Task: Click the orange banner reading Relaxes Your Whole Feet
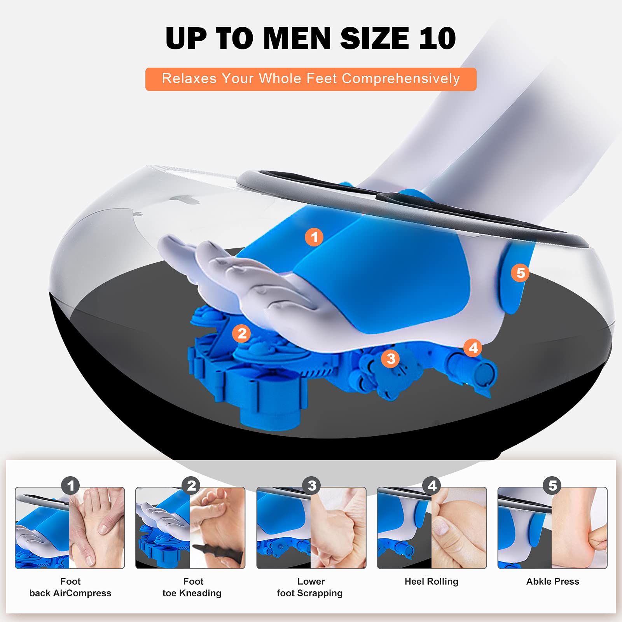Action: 311,79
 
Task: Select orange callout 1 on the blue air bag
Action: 314,237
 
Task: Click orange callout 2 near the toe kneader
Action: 242,333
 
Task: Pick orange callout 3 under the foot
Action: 391,358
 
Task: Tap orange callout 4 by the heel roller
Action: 473,348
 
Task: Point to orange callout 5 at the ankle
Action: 521,273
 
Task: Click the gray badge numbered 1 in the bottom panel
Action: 70,486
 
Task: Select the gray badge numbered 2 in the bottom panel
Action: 191,486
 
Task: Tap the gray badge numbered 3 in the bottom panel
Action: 312,486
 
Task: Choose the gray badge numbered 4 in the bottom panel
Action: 432,486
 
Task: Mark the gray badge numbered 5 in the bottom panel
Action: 552,486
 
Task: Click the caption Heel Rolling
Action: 432,582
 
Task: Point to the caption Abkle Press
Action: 553,582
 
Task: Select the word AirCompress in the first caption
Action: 82,593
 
